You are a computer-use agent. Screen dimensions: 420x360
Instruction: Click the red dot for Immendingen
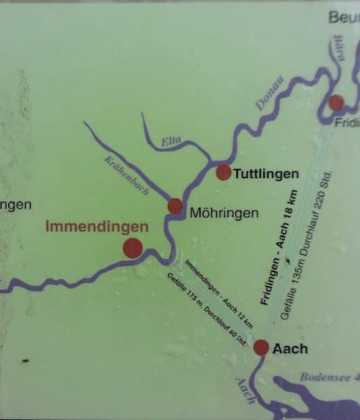point(132,247)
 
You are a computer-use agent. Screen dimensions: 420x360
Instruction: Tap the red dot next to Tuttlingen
point(223,172)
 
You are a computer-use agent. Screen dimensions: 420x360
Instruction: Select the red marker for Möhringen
point(175,206)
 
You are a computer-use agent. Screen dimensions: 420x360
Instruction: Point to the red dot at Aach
point(261,346)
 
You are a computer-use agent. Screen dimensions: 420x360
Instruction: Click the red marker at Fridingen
point(336,103)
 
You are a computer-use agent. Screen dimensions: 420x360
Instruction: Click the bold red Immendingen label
point(97,227)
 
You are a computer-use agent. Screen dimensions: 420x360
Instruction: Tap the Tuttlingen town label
point(266,173)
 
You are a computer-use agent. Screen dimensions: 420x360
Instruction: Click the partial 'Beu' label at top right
point(344,17)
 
